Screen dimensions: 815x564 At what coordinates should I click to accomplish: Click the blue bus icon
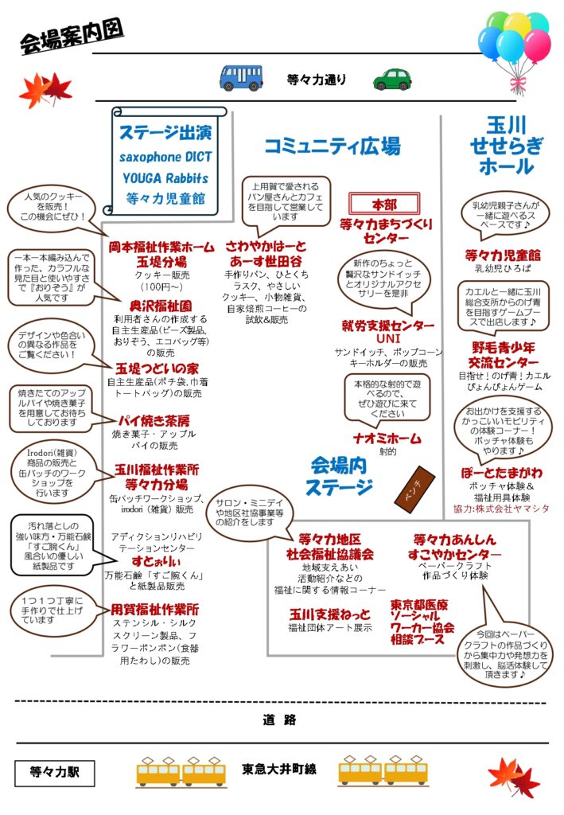(241, 77)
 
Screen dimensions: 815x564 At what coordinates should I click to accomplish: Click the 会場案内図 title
(72, 38)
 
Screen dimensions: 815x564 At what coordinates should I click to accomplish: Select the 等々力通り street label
(317, 79)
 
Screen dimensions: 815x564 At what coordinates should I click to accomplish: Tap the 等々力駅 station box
(54, 771)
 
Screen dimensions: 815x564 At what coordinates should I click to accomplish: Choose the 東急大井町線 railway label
(279, 770)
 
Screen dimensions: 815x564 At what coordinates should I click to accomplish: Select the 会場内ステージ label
(341, 475)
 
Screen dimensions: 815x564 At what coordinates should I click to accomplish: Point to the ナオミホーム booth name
(387, 438)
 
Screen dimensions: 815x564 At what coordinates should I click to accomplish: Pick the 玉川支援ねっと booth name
(330, 614)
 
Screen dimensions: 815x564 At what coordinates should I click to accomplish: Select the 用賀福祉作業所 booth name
(155, 609)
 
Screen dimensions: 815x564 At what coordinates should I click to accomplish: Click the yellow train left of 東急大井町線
(181, 770)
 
